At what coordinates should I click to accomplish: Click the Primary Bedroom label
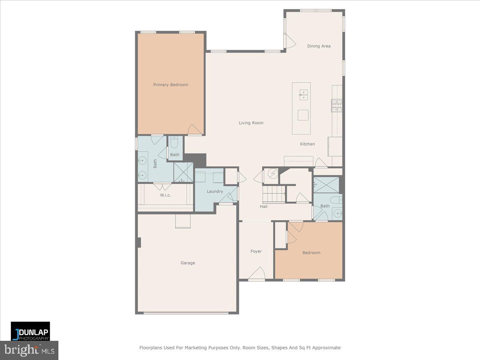[x=171, y=85]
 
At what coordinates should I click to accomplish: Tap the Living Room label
[x=251, y=123]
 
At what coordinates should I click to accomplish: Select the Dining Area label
[x=319, y=46]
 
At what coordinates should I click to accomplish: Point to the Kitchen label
[x=308, y=144]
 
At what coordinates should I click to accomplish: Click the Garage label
[x=188, y=263]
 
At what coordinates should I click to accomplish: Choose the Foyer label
[x=256, y=251]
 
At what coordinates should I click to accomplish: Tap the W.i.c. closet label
[x=166, y=195]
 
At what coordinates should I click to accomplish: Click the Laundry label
[x=215, y=192]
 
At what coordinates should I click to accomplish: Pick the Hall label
[x=264, y=206]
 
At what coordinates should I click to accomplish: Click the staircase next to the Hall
[x=274, y=194]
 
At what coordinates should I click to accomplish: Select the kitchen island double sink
[x=303, y=94]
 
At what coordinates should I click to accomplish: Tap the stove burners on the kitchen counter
[x=336, y=105]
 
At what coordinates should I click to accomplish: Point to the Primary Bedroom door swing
[x=194, y=130]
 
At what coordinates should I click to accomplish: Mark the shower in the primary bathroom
[x=183, y=172]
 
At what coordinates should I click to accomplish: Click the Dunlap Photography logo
[x=30, y=331]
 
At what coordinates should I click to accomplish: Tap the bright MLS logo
[x=29, y=350]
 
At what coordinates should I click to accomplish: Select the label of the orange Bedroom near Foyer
[x=311, y=253]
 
